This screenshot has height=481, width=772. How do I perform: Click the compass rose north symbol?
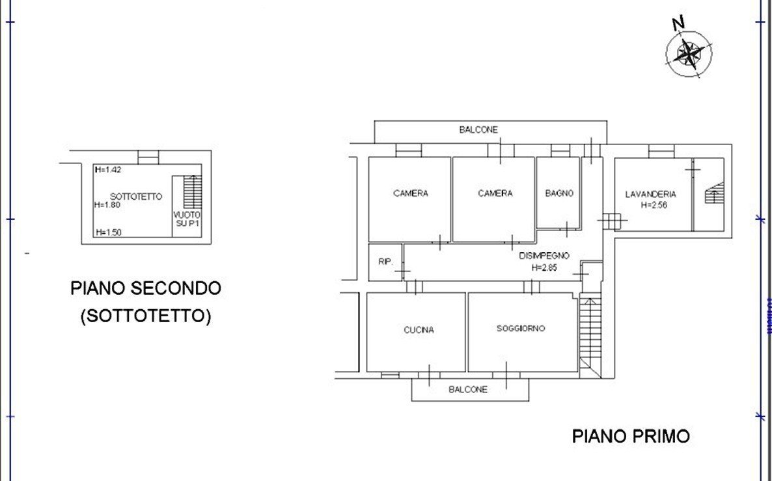689,53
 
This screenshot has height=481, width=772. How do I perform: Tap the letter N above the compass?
678,22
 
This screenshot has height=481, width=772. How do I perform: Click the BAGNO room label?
559,193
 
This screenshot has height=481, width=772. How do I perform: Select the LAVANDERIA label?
650,195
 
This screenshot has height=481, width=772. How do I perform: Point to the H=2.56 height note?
654,205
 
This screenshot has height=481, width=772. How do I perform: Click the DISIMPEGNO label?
544,256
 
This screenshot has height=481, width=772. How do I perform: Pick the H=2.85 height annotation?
545,268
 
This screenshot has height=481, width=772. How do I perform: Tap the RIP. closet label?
385,262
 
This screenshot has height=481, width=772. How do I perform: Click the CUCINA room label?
419,330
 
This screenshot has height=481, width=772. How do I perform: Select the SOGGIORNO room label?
520,329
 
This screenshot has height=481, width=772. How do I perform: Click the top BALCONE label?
478,130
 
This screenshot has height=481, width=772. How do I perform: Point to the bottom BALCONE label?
468,389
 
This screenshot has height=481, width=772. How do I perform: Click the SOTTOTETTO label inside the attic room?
136,197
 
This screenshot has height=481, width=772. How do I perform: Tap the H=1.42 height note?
108,170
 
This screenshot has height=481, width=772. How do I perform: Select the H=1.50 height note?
108,232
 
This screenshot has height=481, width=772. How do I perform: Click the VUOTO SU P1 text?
187,219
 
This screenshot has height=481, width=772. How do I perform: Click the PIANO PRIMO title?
631,436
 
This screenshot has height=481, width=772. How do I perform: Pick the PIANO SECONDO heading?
146,288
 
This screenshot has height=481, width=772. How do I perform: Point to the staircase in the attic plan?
193,191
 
